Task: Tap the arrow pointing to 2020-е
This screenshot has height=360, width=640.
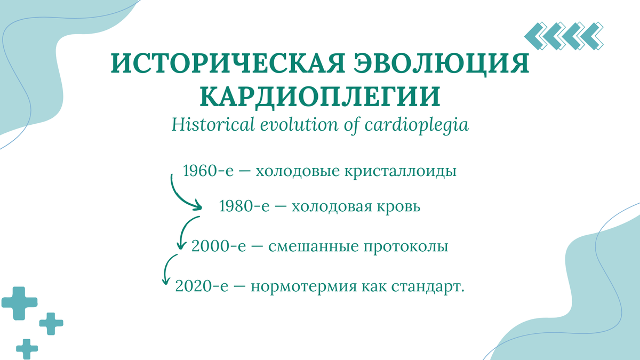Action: click(168, 270)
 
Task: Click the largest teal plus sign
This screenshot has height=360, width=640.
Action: click(20, 303)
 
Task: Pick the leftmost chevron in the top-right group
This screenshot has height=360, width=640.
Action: click(535, 36)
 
